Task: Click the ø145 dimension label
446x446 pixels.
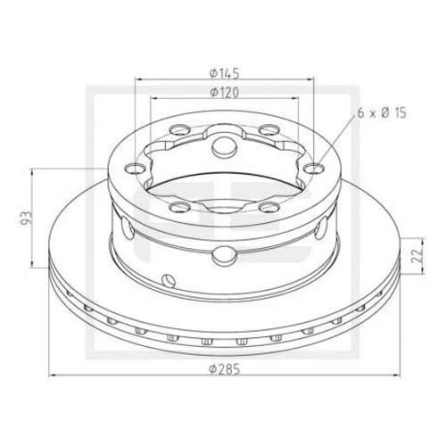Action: [224, 73]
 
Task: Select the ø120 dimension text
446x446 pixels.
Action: [224, 93]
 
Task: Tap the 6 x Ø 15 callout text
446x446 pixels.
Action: [382, 113]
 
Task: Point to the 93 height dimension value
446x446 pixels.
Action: [27, 218]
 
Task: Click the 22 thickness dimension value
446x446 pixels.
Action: [417, 255]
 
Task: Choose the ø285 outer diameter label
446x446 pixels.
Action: [224, 369]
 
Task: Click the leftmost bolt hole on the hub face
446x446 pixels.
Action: [135, 169]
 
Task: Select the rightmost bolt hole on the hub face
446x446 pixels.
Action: [314, 169]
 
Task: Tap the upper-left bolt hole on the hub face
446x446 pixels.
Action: [179, 130]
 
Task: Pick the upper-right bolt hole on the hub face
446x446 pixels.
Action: [269, 130]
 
